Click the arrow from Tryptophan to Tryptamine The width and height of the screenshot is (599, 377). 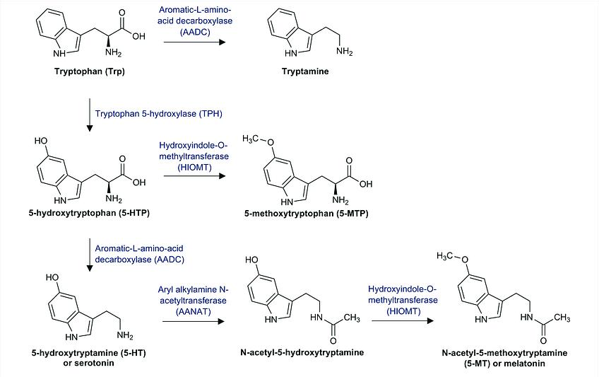click(x=194, y=43)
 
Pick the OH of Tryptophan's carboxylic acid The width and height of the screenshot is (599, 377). click(x=138, y=36)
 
